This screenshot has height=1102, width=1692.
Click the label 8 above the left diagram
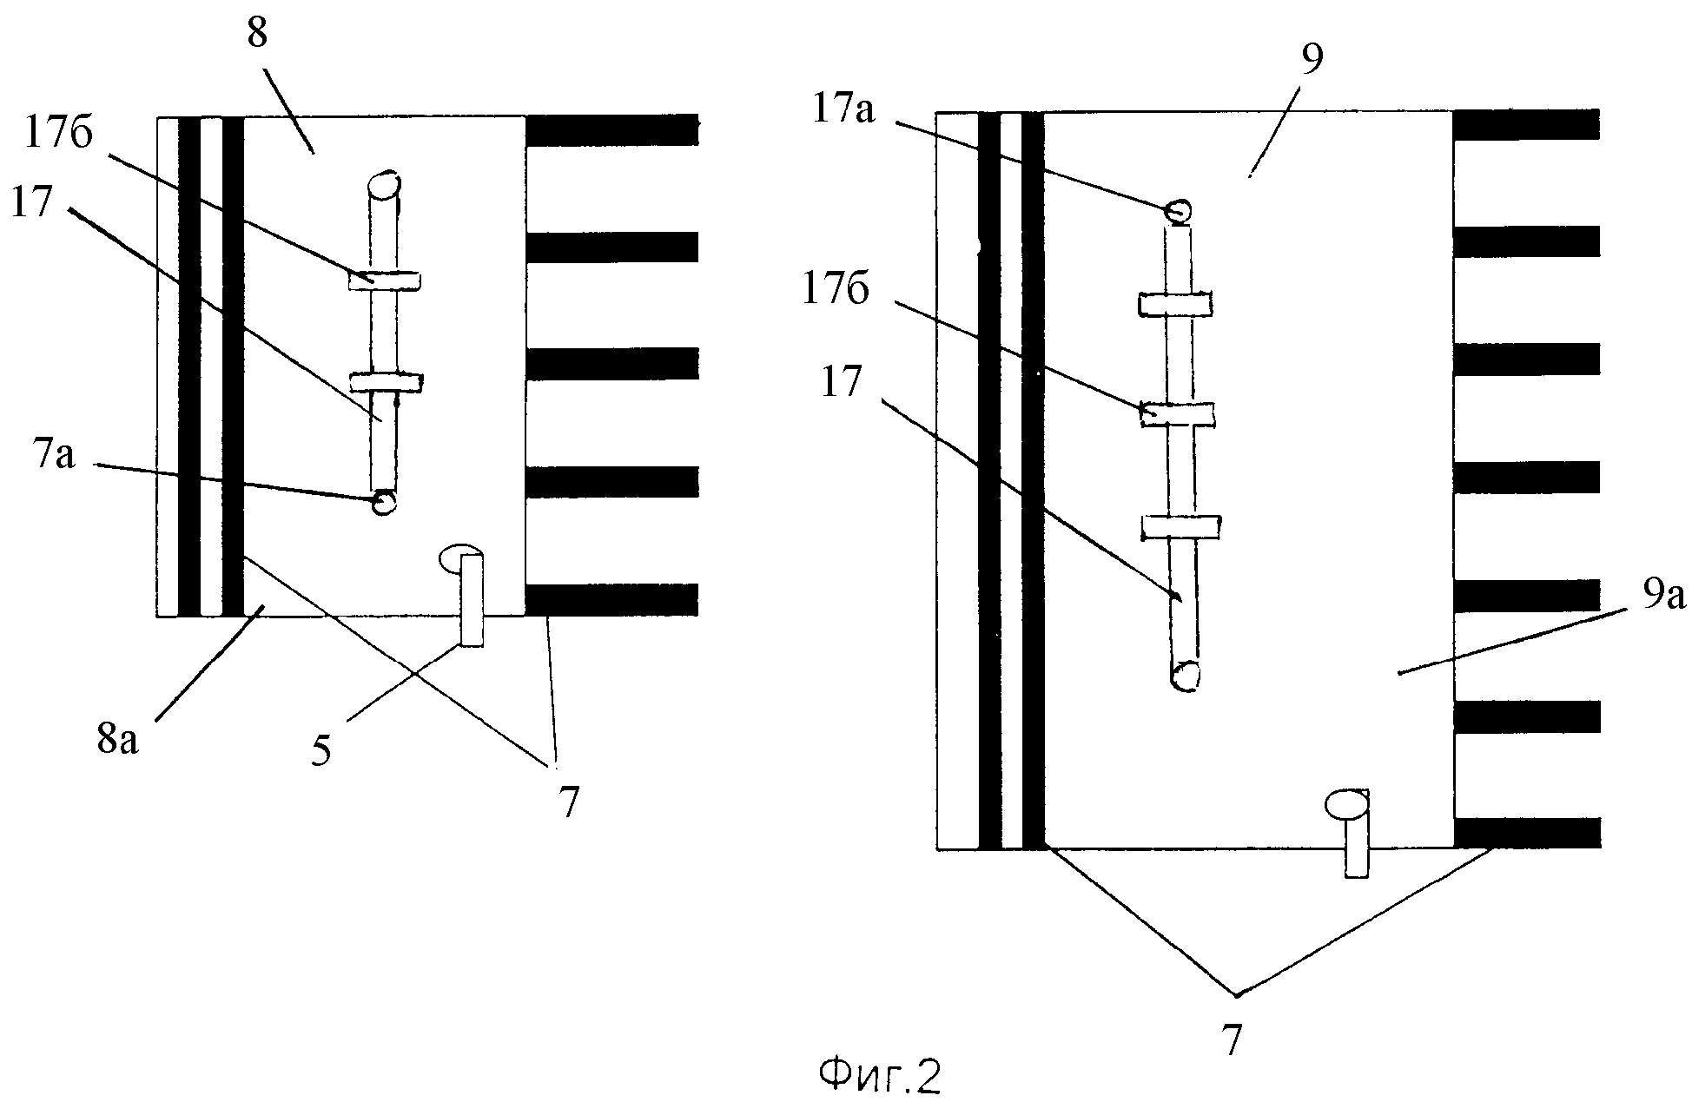point(258,36)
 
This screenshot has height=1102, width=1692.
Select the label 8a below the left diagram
point(117,741)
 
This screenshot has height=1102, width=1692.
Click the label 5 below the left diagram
point(322,750)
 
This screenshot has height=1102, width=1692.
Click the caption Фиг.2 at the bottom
point(880,1078)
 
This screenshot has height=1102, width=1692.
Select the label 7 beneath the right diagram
point(1233,1039)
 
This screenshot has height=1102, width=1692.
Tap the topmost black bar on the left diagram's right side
point(611,130)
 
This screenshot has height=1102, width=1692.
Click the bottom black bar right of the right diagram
point(1526,833)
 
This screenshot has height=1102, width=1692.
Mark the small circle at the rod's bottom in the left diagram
point(383,503)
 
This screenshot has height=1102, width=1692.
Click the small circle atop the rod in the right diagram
point(1179,210)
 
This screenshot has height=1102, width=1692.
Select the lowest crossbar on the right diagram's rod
point(1180,526)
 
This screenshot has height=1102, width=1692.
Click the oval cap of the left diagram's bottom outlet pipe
point(459,558)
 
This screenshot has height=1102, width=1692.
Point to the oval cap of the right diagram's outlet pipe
point(1345,803)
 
